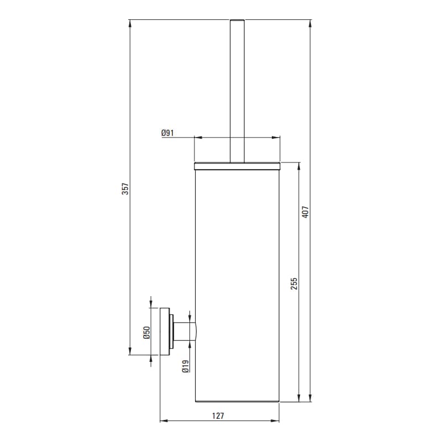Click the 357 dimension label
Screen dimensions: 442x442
click(125, 188)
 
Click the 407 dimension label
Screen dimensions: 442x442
click(306, 212)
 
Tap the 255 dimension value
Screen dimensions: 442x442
click(294, 284)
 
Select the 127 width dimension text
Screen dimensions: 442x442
click(218, 416)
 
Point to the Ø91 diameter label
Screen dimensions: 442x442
click(167, 133)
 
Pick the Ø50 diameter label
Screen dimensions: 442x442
click(146, 333)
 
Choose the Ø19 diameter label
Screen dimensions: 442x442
click(186, 366)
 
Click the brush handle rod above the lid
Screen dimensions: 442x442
click(238, 91)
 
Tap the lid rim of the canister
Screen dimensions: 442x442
click(237, 166)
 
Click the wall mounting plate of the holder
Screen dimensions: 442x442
click(165, 331)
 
